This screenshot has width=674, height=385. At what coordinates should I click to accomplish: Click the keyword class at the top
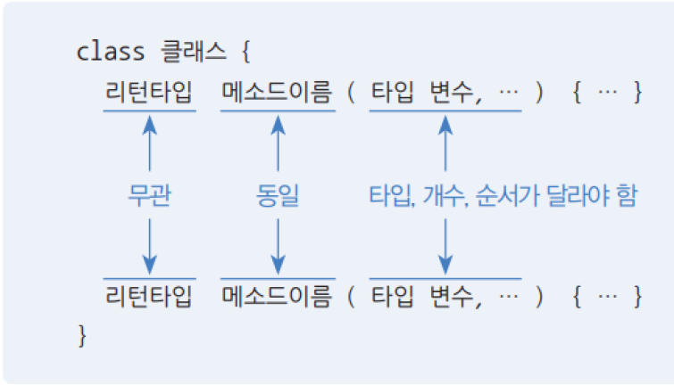111,51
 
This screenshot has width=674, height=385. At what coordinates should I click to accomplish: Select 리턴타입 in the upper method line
148,93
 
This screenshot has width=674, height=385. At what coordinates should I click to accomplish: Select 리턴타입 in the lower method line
148,296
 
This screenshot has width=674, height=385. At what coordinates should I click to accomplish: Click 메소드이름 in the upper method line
277,93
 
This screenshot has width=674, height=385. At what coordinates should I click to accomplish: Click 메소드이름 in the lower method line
277,296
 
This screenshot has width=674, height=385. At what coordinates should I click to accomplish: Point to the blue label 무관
149,196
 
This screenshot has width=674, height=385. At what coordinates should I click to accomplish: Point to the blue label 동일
278,196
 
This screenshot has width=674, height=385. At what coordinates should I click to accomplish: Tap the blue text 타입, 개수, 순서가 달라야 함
503,196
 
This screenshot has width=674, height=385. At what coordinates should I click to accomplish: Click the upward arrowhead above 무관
149,122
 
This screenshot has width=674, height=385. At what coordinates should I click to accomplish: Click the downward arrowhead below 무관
149,266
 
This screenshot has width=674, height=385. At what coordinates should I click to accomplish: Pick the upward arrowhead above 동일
278,122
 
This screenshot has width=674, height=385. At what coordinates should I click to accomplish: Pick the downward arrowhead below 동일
278,266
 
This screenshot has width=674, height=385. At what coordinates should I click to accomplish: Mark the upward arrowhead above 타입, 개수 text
445,122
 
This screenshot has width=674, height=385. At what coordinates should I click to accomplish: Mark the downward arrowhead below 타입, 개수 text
445,266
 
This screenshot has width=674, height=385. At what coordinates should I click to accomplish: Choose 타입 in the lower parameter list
394,296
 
